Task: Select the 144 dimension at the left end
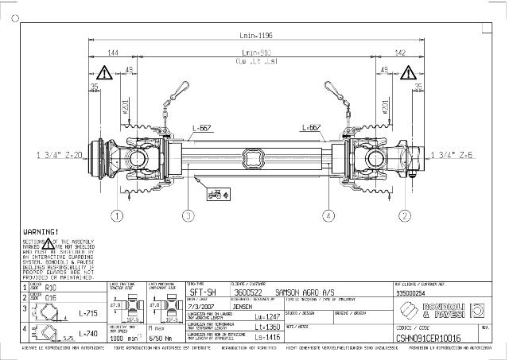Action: coord(113,54)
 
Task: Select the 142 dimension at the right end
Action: coord(399,54)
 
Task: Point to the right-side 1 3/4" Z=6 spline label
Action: coord(451,155)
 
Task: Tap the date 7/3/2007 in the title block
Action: coord(203,304)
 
